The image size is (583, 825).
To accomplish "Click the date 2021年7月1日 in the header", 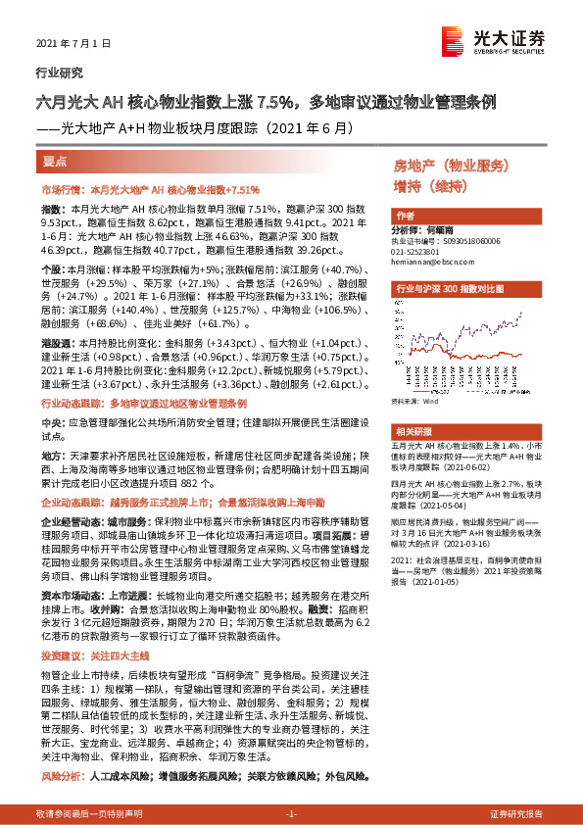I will [x=69, y=44].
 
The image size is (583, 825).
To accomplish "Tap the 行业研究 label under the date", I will [x=59, y=73].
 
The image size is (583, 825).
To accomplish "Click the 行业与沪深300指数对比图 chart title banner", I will [x=450, y=290].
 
